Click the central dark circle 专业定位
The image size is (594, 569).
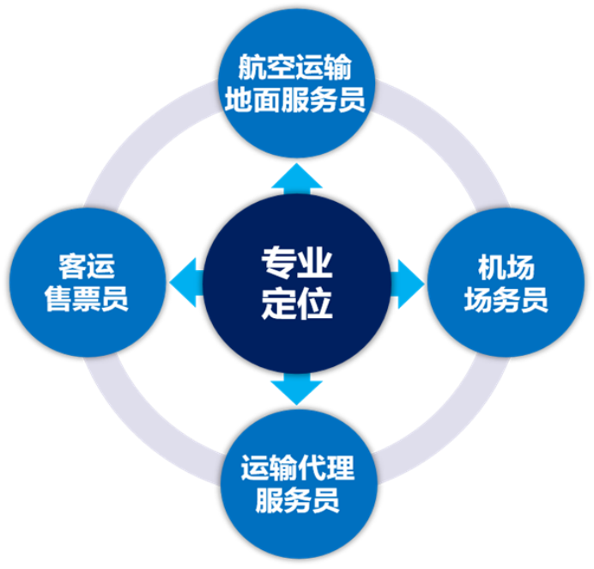click(296, 284)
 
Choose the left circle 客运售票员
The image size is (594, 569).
click(86, 284)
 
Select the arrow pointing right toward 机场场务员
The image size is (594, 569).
click(407, 281)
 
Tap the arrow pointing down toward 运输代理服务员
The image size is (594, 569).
click(296, 389)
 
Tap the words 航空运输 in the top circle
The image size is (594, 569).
click(296, 67)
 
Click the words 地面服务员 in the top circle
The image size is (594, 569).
click(296, 100)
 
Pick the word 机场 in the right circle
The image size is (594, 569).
click(507, 266)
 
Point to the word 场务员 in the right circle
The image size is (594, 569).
click(507, 300)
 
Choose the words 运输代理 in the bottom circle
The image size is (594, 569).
click(296, 468)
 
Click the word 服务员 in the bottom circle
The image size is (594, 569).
click(296, 500)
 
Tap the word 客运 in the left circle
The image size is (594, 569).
click(86, 266)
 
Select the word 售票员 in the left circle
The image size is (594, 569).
click(86, 300)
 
